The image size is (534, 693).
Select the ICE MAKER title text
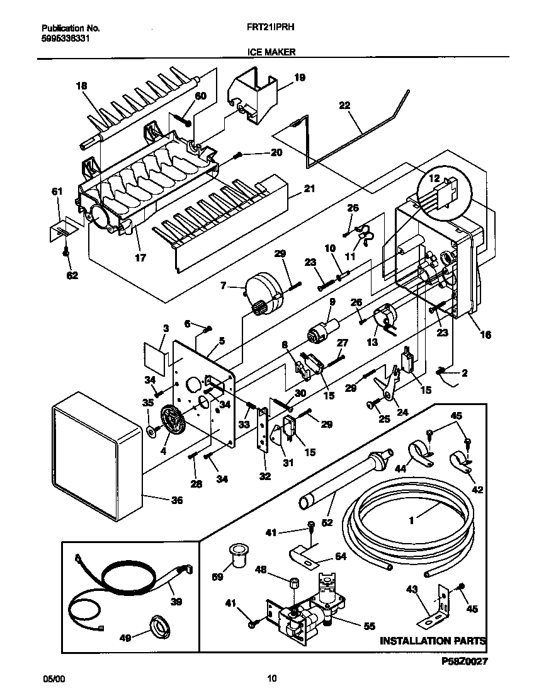pyautogui.click(x=267, y=54)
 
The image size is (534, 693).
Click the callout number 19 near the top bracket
pyautogui.click(x=300, y=77)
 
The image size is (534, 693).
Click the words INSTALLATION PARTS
pyautogui.click(x=432, y=641)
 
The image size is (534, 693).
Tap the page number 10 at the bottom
pyautogui.click(x=271, y=679)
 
